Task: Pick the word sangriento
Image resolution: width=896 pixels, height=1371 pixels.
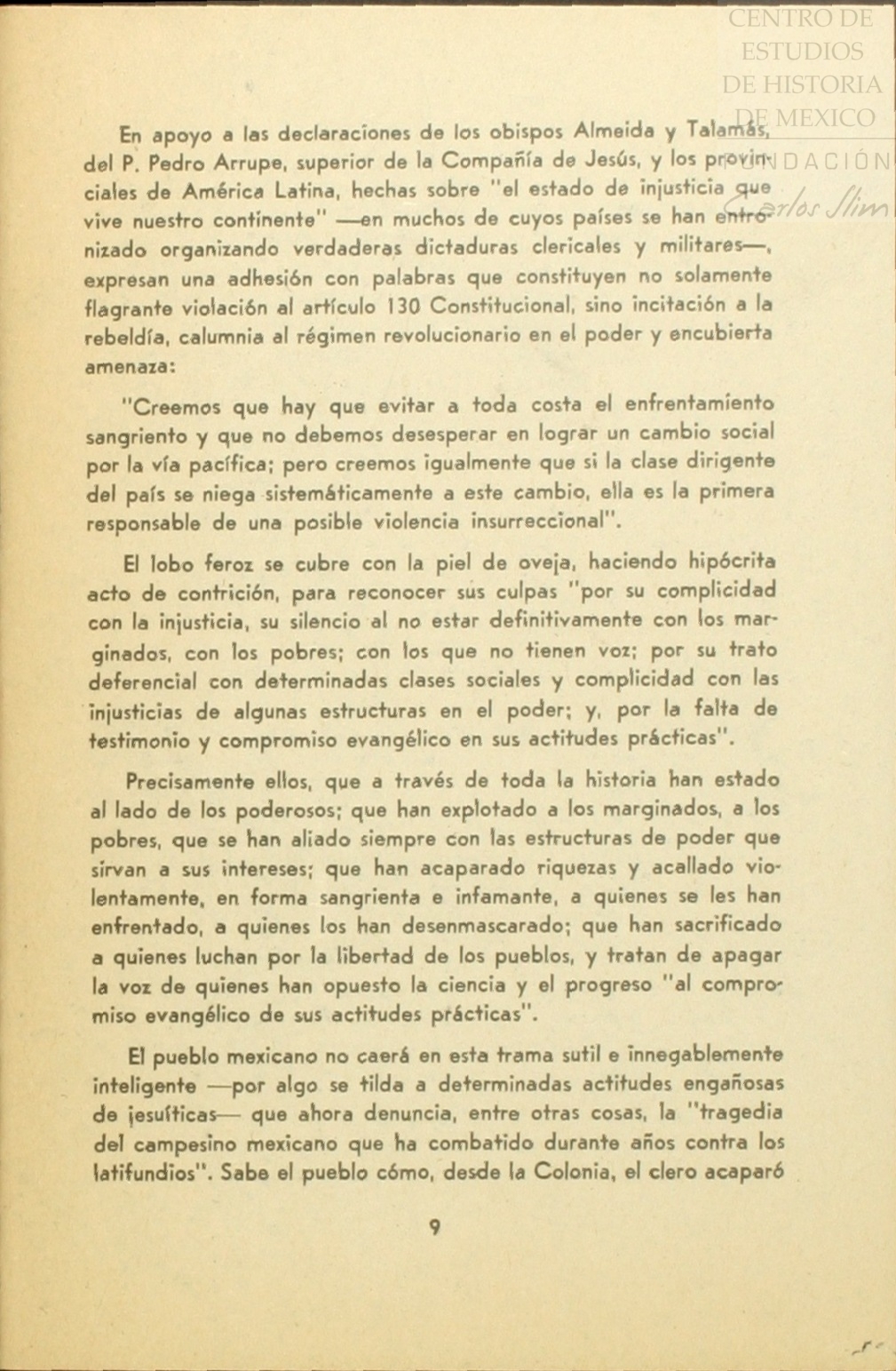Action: pyautogui.click(x=137, y=437)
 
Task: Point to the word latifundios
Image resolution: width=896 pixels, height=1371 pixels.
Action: pyautogui.click(x=147, y=1173)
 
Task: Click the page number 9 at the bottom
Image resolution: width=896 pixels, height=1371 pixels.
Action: pyautogui.click(x=434, y=1228)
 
